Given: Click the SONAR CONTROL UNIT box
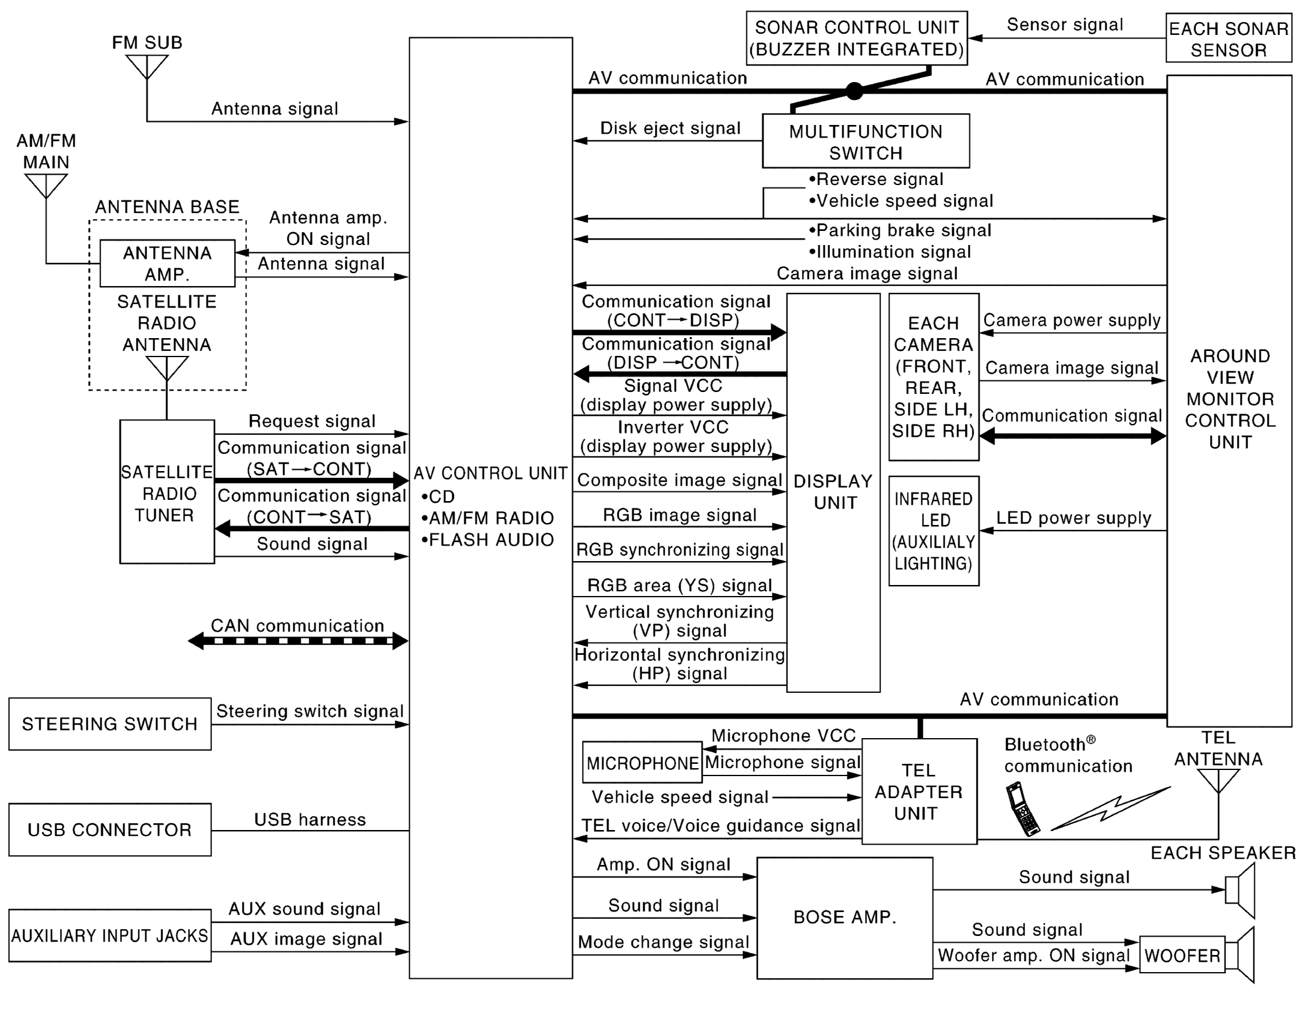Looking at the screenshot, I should tap(857, 38).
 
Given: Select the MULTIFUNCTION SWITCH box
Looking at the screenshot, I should tap(865, 141).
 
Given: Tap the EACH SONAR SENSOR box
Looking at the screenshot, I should tap(1228, 38).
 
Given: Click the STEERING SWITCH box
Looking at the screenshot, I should tap(110, 724).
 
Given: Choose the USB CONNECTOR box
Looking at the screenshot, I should tap(110, 830).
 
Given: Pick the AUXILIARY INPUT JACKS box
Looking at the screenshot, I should tap(110, 935).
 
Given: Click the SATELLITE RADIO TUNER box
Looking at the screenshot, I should tap(167, 492).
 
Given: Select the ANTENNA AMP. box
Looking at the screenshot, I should tap(167, 263).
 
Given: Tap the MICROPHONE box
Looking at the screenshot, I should tap(642, 763).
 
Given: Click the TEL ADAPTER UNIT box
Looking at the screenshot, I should tap(918, 791).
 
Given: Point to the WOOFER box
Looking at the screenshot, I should tap(1182, 955).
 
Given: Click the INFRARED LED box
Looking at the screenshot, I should tap(933, 531).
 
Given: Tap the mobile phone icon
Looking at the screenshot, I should tap(1022, 809).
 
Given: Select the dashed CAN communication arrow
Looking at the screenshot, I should tap(298, 641).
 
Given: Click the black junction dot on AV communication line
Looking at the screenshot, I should tap(854, 91).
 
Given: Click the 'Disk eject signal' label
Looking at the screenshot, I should tap(670, 129).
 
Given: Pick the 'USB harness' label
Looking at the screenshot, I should tap(310, 820).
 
